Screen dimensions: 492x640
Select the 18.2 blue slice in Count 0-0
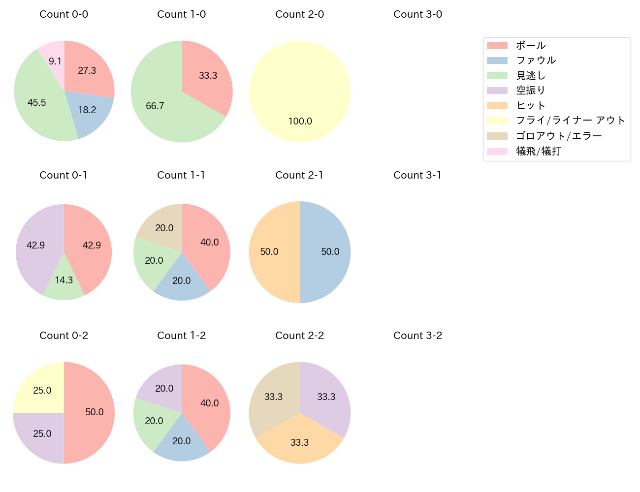tap(89, 112)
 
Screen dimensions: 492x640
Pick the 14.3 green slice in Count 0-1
tap(64, 283)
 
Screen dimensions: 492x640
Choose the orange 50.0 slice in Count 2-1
tap(271, 252)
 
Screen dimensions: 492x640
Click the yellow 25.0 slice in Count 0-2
tap(42, 389)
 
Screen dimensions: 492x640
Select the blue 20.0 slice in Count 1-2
tap(182, 440)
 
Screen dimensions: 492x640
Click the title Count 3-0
tap(417, 14)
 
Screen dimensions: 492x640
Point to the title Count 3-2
tap(417, 336)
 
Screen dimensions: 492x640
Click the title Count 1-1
tap(181, 175)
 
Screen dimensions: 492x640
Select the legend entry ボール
tap(531, 45)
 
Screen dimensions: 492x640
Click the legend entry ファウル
tap(536, 60)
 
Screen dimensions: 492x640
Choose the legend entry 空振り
tap(531, 91)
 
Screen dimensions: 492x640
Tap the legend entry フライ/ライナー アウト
tap(570, 121)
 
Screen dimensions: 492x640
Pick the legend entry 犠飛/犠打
tap(538, 151)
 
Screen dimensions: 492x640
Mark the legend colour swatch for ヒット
tap(497, 105)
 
